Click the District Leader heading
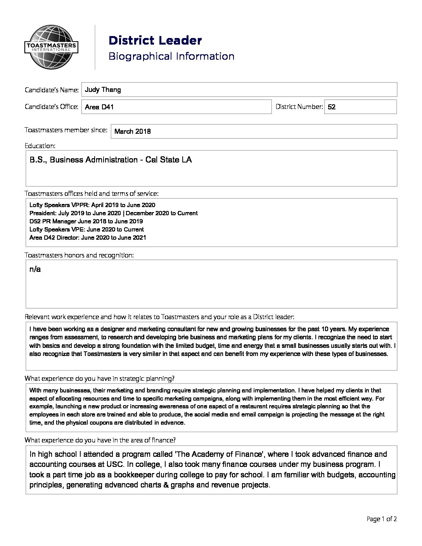(x=155, y=40)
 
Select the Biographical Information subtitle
(x=171, y=56)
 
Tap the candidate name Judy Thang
(x=103, y=90)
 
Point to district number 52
(x=332, y=107)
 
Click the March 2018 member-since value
(x=133, y=131)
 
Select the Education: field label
(x=40, y=146)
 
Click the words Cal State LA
(x=168, y=160)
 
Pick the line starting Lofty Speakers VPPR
(x=92, y=205)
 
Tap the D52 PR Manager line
(x=86, y=221)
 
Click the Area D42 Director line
(x=88, y=238)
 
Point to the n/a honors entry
(x=35, y=269)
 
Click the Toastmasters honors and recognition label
(x=79, y=255)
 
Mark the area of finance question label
(x=100, y=440)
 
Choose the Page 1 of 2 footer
(x=382, y=519)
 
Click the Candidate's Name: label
(x=52, y=90)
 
